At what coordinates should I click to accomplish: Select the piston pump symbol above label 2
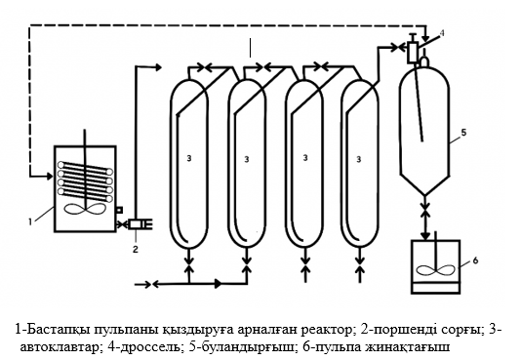point(138,224)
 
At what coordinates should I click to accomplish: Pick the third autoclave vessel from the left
point(306,161)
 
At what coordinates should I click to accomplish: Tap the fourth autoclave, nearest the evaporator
point(362,161)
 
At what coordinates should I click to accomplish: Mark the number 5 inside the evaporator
point(463,130)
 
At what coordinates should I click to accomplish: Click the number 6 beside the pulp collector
point(474,260)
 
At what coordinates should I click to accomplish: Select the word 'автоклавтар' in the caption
point(58,345)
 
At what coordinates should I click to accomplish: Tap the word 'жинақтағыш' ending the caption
point(409,345)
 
